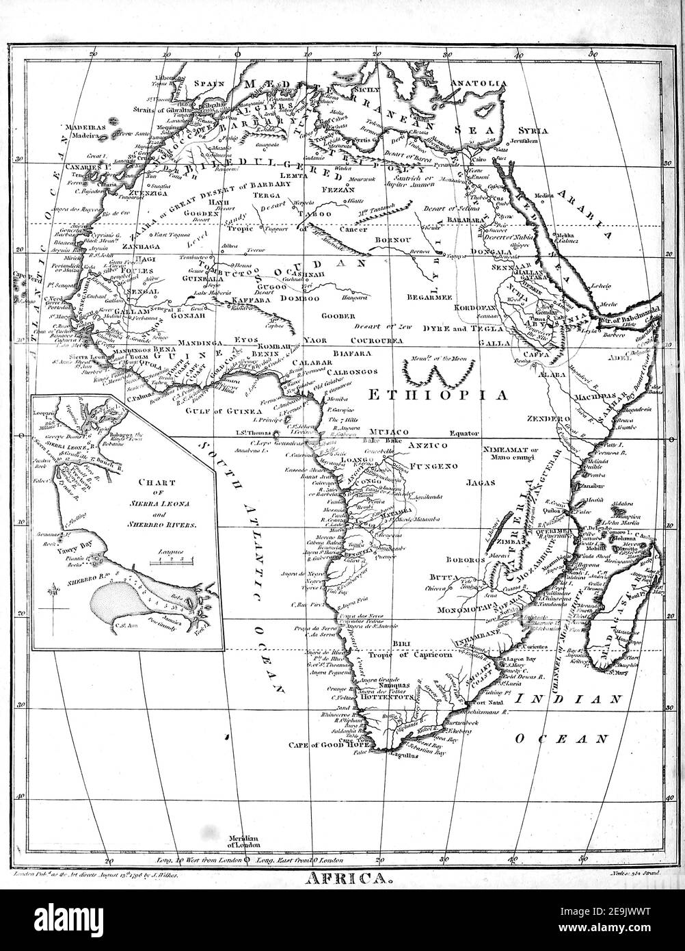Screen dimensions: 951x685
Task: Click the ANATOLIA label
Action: tap(477, 84)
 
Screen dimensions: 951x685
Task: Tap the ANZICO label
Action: tap(427, 445)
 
